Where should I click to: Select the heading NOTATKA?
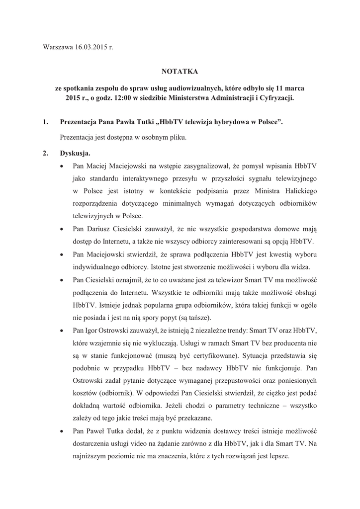pyautogui.click(x=180, y=73)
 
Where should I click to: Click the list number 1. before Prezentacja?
pyautogui.click(x=46, y=122)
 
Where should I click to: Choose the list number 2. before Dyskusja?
pyautogui.click(x=46, y=153)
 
